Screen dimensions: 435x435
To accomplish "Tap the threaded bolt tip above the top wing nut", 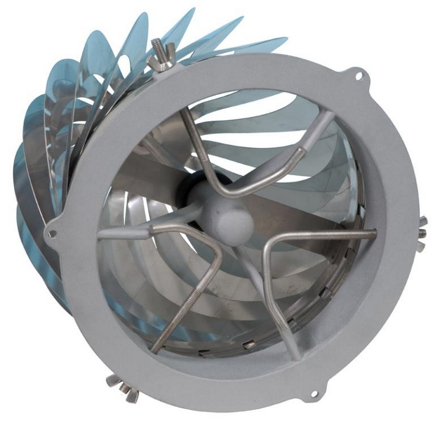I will point(157,43).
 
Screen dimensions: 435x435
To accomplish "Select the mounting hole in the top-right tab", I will point(358,77).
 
